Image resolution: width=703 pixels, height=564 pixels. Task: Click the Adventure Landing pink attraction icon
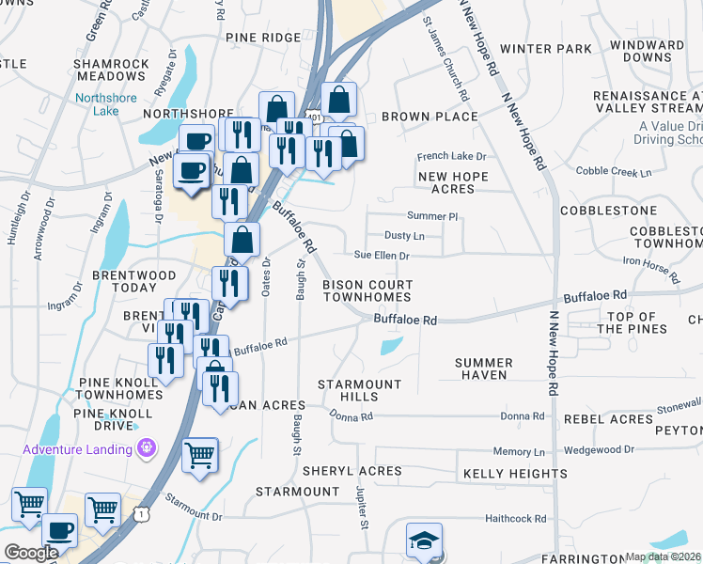pos(146,448)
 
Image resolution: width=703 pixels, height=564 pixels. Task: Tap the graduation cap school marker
pos(423,541)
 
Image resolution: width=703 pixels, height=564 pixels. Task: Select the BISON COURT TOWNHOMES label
pos(367,290)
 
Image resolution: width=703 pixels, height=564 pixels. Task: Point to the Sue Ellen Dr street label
pos(382,255)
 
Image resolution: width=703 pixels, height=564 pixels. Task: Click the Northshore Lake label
pos(105,103)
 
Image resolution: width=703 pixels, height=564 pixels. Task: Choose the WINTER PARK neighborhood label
pos(546,49)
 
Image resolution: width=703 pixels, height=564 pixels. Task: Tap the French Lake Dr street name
pos(452,156)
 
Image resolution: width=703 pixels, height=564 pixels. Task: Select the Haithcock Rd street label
pos(515,518)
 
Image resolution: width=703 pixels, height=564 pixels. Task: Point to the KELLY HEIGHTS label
pos(515,475)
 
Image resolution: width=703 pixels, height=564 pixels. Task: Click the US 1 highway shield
pos(140,514)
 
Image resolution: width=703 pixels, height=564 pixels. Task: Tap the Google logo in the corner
pos(31,552)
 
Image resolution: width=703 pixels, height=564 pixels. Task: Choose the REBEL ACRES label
pos(608,419)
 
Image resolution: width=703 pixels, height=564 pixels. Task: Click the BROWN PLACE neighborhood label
pos(430,117)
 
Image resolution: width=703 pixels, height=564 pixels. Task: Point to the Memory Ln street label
pos(512,452)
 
